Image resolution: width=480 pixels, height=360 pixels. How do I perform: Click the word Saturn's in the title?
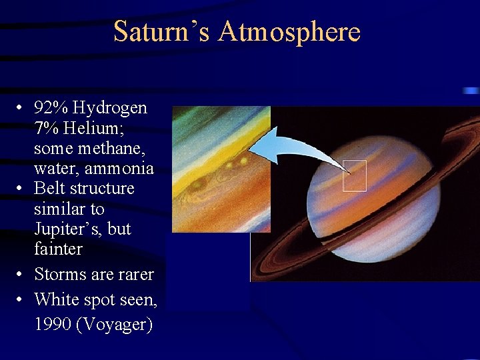(x=155, y=31)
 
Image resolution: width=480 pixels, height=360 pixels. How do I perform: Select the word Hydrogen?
(x=111, y=107)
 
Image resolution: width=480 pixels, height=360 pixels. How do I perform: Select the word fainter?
(x=58, y=249)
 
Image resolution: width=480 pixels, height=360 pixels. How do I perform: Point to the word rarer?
(x=136, y=274)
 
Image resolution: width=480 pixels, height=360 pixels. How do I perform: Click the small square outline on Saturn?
(x=355, y=176)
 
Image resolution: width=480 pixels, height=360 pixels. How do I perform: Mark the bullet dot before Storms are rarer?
(x=22, y=275)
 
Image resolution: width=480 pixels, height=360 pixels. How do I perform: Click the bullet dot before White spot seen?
(x=22, y=300)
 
